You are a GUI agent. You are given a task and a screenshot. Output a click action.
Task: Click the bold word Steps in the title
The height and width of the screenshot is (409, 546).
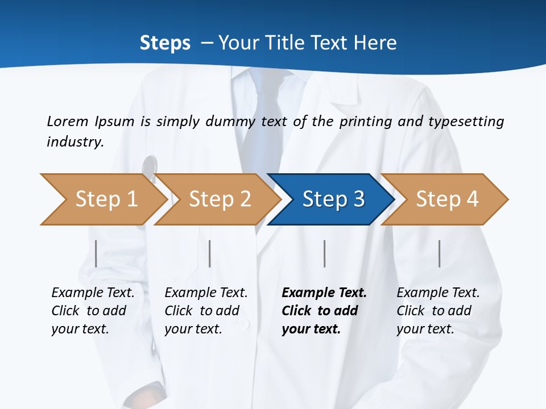point(165,43)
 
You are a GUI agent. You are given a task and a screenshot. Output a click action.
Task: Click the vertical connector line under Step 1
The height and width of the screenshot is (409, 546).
point(96,253)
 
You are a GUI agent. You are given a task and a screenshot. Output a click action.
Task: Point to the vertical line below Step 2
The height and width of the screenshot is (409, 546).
point(210,253)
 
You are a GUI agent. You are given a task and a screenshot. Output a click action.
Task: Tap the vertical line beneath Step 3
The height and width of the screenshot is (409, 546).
point(324,253)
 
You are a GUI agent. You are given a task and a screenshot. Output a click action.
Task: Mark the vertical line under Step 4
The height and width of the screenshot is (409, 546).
point(439,253)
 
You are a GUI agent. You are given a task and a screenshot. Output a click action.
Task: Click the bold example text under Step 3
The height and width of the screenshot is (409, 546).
point(324,311)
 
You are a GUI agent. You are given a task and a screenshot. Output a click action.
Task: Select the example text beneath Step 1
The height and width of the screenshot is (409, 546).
point(92,311)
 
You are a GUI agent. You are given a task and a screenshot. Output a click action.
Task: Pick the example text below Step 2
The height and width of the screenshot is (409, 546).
point(205,311)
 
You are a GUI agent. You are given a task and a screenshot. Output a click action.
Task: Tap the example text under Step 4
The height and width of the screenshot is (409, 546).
point(437,311)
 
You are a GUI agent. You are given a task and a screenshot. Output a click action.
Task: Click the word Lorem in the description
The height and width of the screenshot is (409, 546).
point(68,122)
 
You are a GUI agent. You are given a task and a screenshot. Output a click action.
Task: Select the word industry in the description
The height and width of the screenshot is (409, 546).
point(75,142)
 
